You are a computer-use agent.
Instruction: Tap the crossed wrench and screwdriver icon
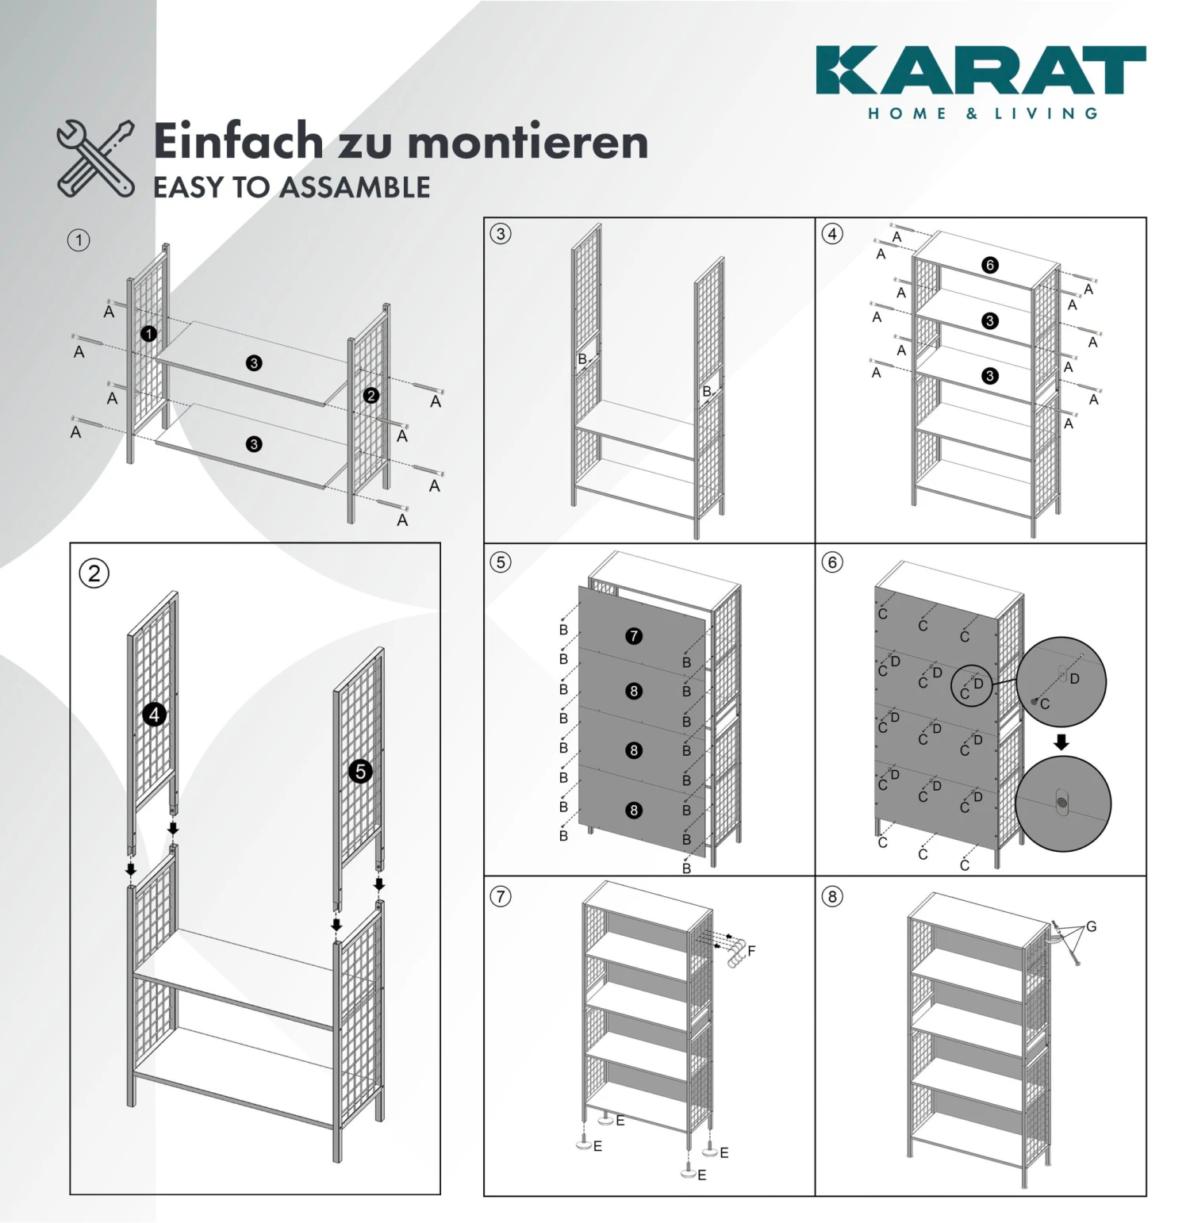coord(95,159)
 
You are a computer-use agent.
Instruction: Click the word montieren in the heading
coord(528,142)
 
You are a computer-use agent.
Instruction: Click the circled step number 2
coord(94,573)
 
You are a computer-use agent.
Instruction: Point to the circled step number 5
coord(501,562)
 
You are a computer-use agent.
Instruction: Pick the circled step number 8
coord(832,896)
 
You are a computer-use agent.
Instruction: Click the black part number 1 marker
coord(148,334)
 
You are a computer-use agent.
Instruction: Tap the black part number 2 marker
coord(371,395)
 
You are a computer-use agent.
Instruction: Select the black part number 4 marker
coord(154,715)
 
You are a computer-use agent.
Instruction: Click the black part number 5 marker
coord(361,771)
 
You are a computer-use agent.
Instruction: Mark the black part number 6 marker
coord(989,265)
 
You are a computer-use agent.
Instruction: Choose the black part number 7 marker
coord(633,636)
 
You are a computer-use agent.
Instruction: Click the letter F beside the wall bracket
coord(751,950)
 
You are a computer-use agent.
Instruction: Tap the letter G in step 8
coord(1092,926)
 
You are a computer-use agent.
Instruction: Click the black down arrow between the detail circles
coord(1061,742)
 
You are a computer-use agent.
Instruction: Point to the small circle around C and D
coord(972,686)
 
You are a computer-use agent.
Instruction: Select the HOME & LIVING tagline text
coord(983,113)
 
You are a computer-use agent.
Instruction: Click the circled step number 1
coord(79,240)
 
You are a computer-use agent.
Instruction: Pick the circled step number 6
coord(832,562)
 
